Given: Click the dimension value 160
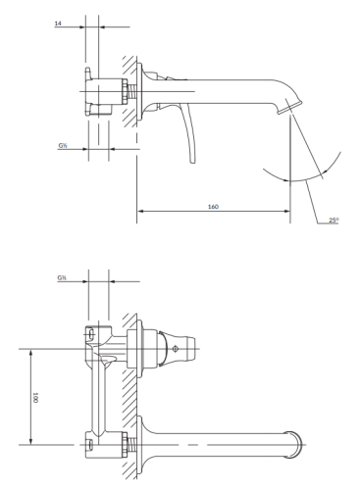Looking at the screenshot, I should point(213,207).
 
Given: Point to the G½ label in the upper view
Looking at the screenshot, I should point(63,146).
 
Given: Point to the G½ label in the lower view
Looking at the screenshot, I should point(63,278).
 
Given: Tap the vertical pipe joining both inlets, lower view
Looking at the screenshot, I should point(97,397).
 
